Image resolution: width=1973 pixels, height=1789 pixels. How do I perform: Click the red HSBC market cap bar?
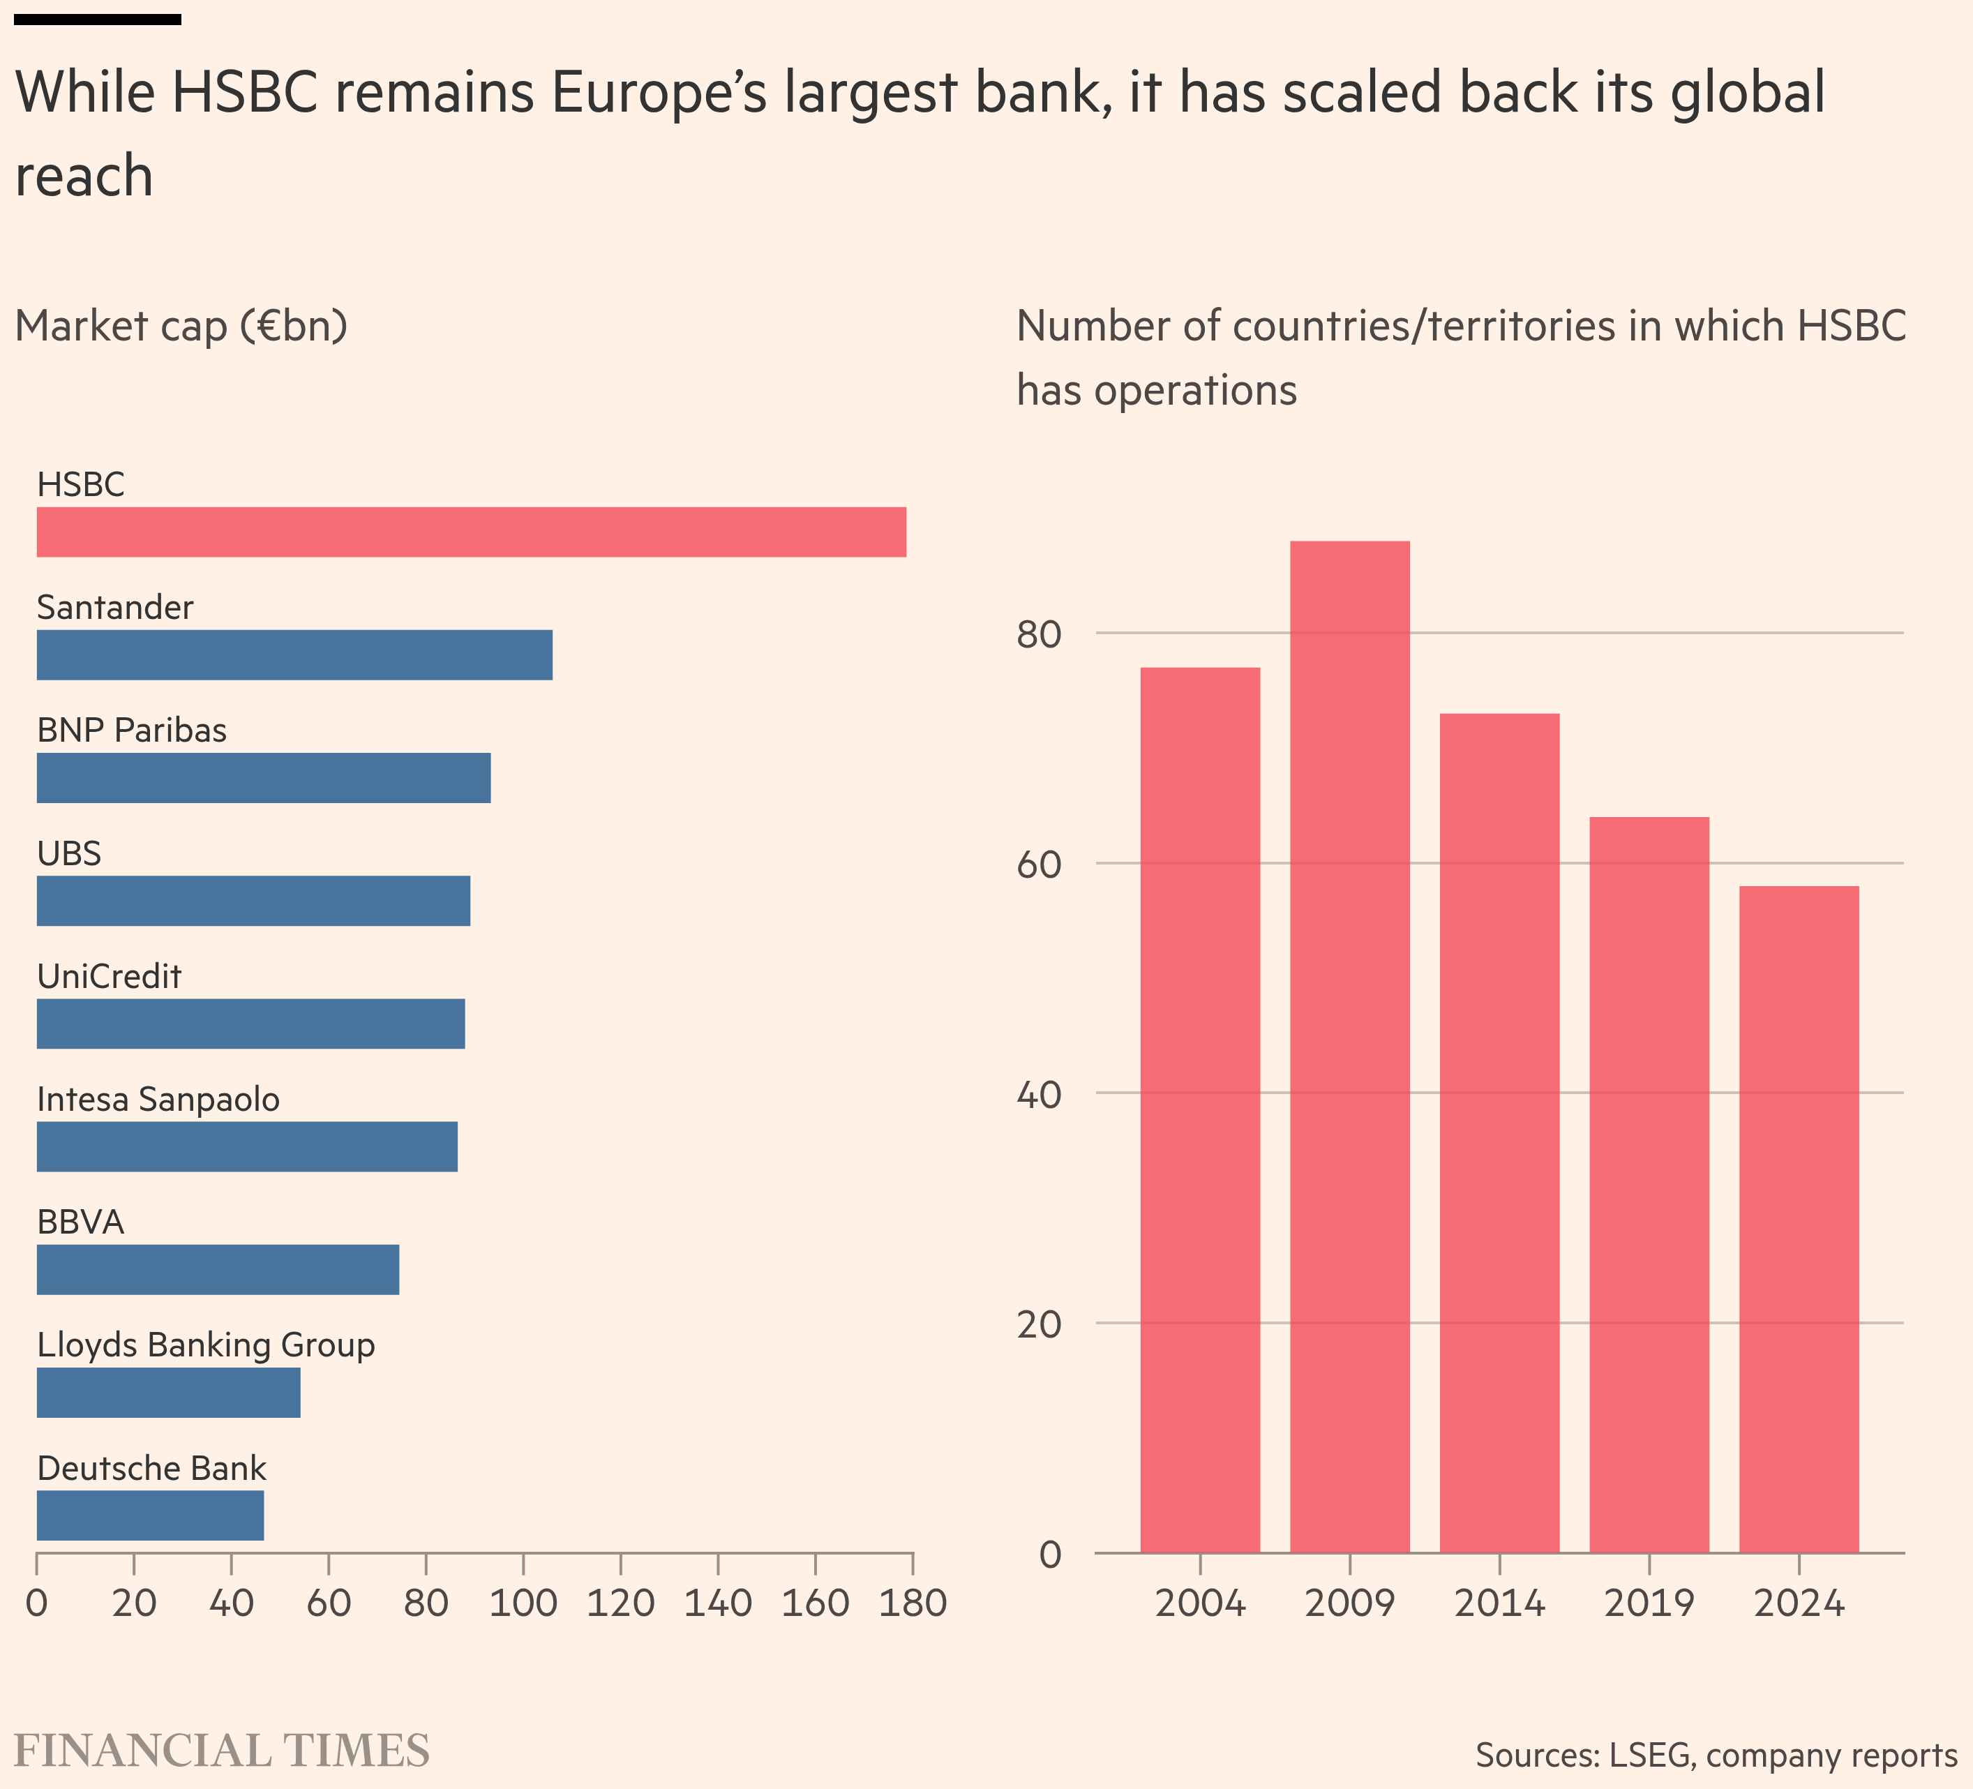coord(471,532)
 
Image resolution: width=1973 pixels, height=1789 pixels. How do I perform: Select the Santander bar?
coord(294,654)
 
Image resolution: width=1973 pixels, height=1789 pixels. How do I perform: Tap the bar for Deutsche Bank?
coord(150,1515)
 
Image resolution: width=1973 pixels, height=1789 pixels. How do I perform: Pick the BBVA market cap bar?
coord(217,1269)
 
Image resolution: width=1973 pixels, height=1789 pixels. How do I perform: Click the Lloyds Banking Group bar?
coord(168,1392)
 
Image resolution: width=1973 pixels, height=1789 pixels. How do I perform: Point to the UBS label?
coord(68,853)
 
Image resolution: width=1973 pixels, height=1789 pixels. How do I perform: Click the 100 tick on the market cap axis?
coord(523,1604)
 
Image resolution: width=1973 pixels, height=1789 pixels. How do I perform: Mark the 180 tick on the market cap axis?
coord(912,1604)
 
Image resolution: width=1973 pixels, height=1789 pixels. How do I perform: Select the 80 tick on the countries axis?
coord(1038,634)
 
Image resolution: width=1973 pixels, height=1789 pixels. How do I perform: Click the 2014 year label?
coord(1499,1604)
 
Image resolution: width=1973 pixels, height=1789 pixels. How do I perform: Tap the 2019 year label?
coord(1649,1604)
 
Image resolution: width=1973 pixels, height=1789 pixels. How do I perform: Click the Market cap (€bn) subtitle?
coord(181,326)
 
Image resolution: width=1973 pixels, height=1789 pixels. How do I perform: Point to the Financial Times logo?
coord(221,1751)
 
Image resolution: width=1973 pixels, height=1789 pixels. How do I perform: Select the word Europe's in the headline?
coord(659,93)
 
